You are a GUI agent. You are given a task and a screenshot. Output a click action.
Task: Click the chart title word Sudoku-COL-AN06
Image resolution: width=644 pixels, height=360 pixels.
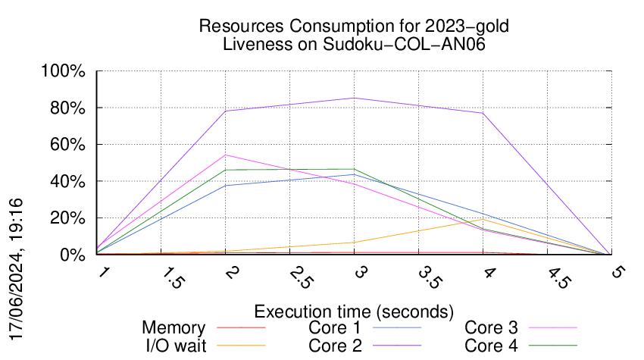(404, 44)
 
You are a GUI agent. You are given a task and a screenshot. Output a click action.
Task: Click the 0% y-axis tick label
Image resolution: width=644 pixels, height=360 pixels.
(73, 255)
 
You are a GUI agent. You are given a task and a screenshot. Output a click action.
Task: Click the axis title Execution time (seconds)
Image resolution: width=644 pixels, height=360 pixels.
(354, 311)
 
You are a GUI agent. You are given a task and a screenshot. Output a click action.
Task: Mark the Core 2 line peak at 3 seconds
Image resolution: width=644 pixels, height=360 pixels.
(354, 98)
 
